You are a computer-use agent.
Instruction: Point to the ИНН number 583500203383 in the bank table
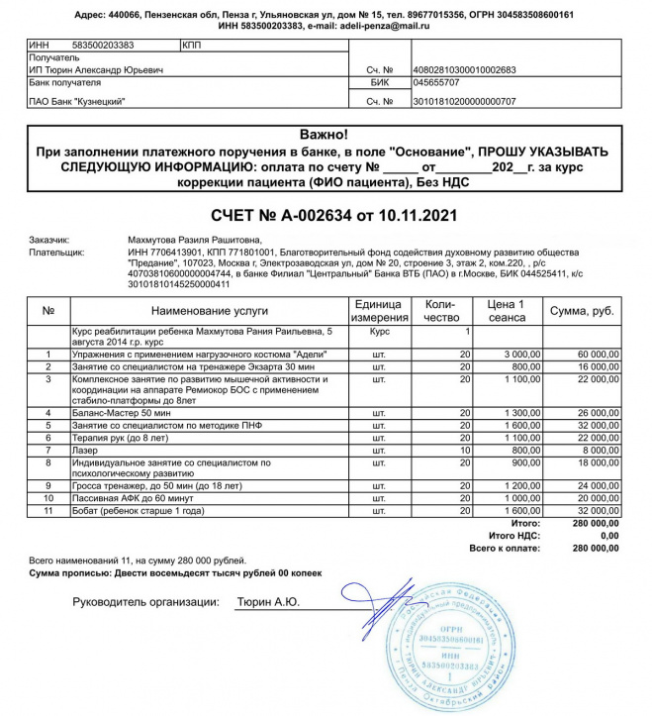click(x=103, y=46)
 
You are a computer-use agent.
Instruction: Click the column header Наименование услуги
click(x=207, y=310)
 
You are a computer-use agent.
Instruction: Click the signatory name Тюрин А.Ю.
click(x=268, y=601)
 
